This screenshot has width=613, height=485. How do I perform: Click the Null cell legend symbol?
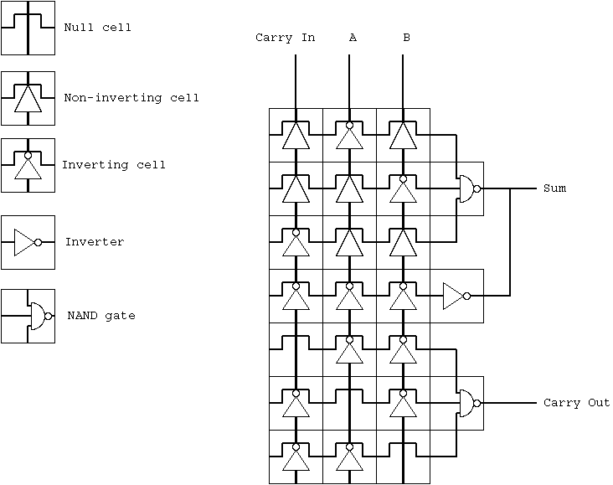[28, 28]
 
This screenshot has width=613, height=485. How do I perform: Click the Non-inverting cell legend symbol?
[28, 98]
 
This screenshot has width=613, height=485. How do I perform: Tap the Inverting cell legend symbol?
[28, 165]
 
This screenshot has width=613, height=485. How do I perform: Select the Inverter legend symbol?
[28, 243]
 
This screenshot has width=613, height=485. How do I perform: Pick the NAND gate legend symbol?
[28, 316]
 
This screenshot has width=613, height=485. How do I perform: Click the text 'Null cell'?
[97, 28]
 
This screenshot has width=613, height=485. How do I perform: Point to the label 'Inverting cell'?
[113, 165]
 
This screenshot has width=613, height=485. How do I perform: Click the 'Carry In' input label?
[285, 38]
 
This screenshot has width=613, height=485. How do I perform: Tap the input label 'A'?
[353, 38]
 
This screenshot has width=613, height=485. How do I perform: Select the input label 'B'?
[406, 38]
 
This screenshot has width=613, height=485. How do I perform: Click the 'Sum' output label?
[554, 188]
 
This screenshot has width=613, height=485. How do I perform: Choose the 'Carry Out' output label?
[576, 404]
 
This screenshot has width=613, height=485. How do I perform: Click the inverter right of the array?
[456, 296]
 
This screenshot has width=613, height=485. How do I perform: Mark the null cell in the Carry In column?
[296, 349]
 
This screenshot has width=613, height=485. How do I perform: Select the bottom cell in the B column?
[404, 457]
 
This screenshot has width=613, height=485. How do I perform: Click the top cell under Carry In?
[296, 135]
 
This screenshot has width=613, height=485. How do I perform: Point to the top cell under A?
[350, 135]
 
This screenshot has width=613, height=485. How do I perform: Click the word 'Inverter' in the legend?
[95, 242]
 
